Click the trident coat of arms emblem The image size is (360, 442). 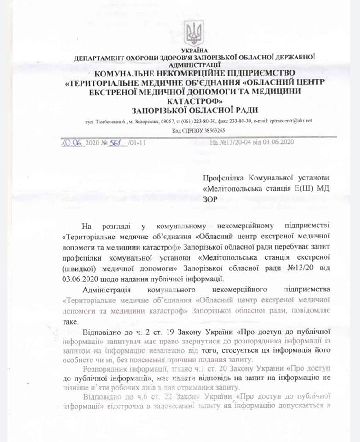pyautogui.click(x=193, y=33)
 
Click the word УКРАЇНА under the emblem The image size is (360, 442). pyautogui.click(x=194, y=50)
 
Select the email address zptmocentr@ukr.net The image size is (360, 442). pyautogui.click(x=290, y=121)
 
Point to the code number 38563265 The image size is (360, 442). pyautogui.click(x=203, y=130)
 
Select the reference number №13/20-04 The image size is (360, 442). pyautogui.click(x=233, y=142)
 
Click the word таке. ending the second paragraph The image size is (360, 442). pyautogui.click(x=70, y=321)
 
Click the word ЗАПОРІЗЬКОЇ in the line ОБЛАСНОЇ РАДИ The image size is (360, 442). pyautogui.click(x=162, y=110)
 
